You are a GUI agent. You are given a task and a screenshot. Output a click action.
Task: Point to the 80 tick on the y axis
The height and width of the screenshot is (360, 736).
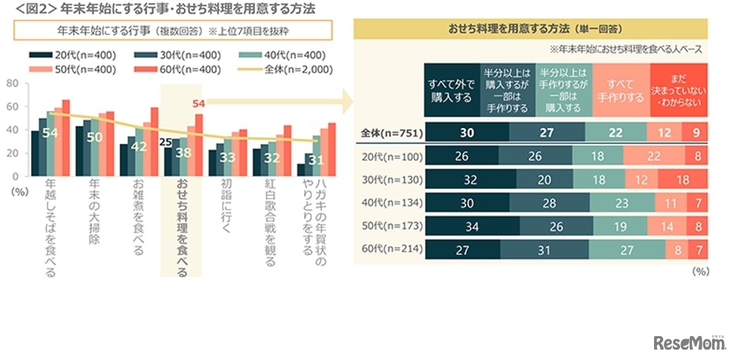pos(12,83)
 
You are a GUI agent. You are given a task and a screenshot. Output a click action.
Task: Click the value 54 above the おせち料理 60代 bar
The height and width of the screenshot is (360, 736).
pos(198,104)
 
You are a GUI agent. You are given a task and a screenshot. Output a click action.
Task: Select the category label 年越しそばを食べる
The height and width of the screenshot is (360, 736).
pos(50,227)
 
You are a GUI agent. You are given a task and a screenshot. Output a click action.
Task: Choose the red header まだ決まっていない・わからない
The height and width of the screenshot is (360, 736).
pos(678,90)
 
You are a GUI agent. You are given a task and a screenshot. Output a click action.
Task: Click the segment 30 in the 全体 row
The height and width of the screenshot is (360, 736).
pos(466,133)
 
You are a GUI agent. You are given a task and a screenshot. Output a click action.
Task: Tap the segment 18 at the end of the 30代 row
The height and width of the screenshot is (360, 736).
pos(681,180)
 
